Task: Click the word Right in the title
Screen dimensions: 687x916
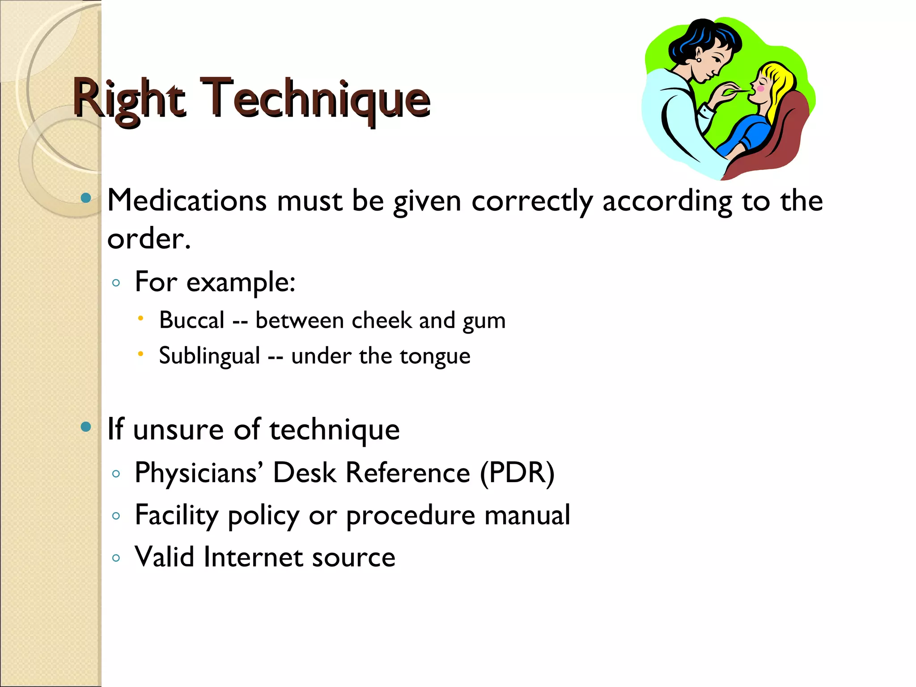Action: (129, 99)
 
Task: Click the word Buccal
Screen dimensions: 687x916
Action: (192, 320)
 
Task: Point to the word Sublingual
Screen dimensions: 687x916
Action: (209, 356)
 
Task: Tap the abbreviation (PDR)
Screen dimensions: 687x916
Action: (517, 473)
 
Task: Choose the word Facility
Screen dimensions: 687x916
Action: (176, 515)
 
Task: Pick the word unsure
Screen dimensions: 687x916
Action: (178, 429)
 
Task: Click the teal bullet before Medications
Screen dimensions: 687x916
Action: (86, 198)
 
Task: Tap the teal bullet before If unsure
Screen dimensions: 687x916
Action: (86, 427)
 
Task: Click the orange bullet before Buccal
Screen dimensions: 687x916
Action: (140, 318)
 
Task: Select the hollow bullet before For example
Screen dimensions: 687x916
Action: (116, 283)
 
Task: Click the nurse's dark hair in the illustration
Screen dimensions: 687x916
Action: (698, 38)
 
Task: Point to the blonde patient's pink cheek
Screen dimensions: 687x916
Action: (760, 89)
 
